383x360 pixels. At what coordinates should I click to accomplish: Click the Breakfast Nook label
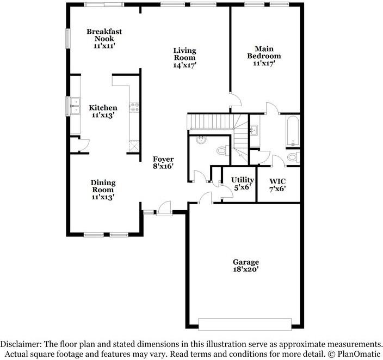104,39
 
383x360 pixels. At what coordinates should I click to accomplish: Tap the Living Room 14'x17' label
184,57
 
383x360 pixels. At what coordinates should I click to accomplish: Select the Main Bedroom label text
264,56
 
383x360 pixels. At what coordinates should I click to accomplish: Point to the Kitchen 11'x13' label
103,111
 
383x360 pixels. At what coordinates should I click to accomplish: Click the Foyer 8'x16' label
163,162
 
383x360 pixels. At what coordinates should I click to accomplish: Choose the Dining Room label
103,190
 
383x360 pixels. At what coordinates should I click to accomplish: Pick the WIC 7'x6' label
277,184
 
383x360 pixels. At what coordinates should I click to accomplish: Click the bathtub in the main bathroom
292,131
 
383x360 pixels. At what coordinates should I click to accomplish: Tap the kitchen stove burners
132,108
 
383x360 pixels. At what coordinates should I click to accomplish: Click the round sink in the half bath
201,139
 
